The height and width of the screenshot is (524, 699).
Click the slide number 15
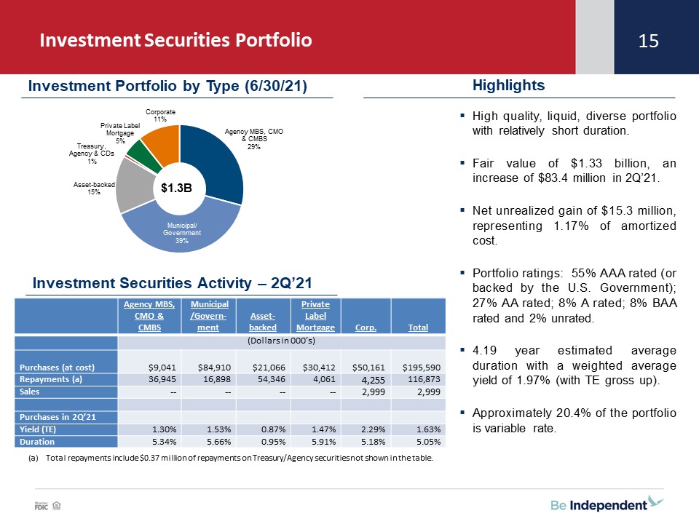click(x=648, y=41)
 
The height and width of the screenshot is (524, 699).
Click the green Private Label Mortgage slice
click(x=143, y=156)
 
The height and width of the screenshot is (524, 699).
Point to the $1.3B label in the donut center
click(x=176, y=188)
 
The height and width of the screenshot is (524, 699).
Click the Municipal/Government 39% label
click(x=182, y=233)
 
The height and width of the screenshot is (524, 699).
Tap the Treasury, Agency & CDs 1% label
click(x=92, y=154)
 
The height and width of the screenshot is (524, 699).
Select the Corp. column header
click(x=366, y=327)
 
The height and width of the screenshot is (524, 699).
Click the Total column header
click(x=418, y=327)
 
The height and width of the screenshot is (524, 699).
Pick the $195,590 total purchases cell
click(x=422, y=368)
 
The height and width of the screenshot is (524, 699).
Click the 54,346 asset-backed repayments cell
click(x=272, y=379)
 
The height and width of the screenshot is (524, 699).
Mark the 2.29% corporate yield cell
click(x=373, y=429)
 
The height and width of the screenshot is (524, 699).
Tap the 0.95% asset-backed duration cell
click(x=273, y=442)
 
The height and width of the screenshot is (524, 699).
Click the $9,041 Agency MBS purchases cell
click(x=162, y=368)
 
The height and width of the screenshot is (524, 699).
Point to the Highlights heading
click(x=509, y=85)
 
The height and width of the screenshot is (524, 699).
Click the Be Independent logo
click(x=607, y=504)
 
